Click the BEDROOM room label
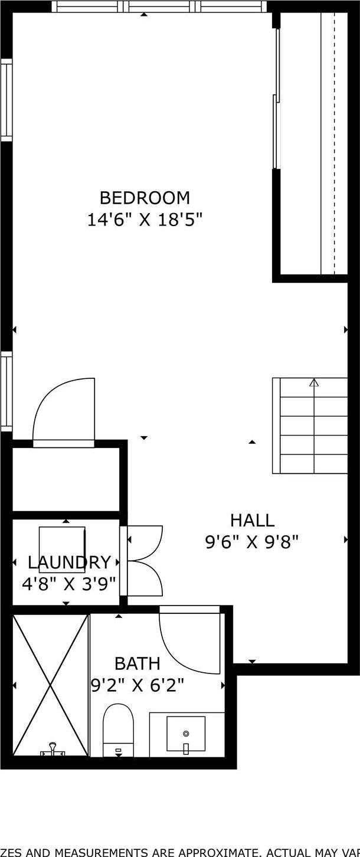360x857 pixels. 145,197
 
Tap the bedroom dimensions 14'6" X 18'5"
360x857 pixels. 145,220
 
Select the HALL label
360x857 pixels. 252,521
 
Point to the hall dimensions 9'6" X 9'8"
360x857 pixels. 252,542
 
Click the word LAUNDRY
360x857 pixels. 69,562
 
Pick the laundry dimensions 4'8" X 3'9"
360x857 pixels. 69,584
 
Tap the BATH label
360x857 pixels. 138,663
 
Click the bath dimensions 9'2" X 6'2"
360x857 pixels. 138,685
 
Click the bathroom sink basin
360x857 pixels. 186,734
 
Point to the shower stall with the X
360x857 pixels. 50,685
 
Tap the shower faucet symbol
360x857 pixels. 53,750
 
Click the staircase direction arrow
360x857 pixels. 314,383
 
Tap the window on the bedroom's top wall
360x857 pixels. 159,6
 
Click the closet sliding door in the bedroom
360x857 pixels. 276,97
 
